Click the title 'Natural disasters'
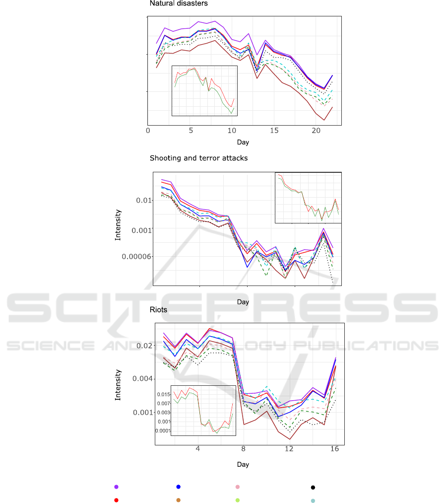179,3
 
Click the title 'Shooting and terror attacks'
198,158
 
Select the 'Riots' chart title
158,309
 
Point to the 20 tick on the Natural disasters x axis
317,131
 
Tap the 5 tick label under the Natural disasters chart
191,131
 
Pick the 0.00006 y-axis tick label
134,256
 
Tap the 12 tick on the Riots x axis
289,449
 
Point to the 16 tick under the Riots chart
335,449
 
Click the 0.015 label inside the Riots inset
179,394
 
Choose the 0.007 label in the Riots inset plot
179,403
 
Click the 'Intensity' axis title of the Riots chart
118,385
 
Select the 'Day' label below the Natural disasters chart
243,142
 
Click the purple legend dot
116,487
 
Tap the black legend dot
313,488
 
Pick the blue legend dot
178,487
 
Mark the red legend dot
116,500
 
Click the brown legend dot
178,500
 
